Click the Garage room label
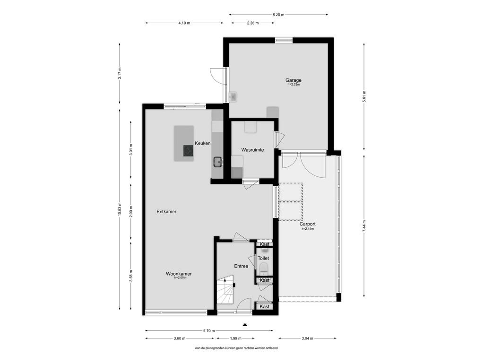(x=293, y=80)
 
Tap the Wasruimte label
(x=252, y=150)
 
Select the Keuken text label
(x=202, y=143)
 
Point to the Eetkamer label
(x=166, y=212)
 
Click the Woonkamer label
(x=179, y=274)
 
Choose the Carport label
(x=307, y=224)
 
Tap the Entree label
(x=241, y=266)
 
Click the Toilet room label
(x=263, y=259)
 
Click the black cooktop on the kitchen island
(x=188, y=151)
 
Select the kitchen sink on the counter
(x=218, y=162)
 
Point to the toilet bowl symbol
(x=264, y=268)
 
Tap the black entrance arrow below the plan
(x=245, y=324)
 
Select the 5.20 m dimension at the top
(x=278, y=15)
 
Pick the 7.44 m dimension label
(x=364, y=226)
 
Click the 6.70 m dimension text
(x=209, y=330)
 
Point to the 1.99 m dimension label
(x=235, y=338)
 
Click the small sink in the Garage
(x=233, y=97)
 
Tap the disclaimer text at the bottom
(x=236, y=348)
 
